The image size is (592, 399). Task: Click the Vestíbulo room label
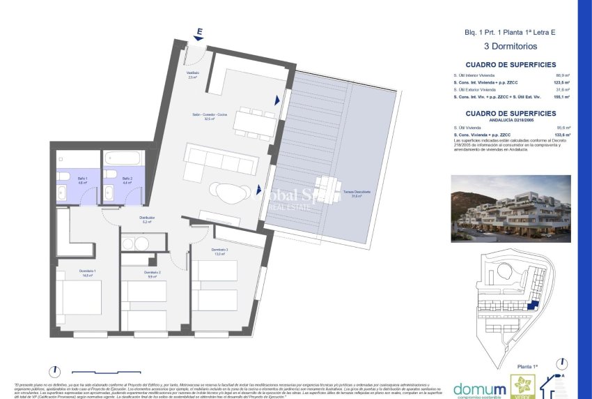pos(193,75)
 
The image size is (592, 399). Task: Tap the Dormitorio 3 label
pos(220,251)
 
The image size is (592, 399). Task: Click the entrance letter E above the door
pos(199,31)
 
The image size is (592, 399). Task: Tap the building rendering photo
pos(511,204)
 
